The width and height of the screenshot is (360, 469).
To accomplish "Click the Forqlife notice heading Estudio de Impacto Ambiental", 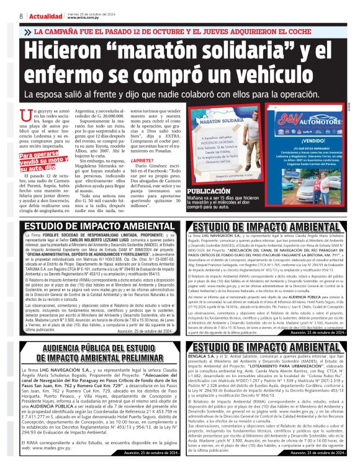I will pos(90,226).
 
